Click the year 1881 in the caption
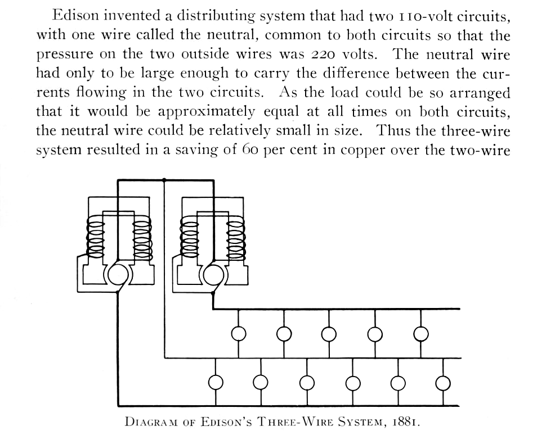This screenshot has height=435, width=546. point(406,422)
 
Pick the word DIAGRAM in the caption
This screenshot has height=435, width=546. point(151,422)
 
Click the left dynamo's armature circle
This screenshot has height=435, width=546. point(118,275)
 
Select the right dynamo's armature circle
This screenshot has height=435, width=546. point(213,275)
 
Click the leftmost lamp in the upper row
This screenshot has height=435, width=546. point(239,334)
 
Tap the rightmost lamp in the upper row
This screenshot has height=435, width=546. point(420,334)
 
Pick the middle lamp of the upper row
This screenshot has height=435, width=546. point(329,334)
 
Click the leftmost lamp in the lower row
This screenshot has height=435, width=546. point(216,383)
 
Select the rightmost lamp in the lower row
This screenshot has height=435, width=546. point(444,383)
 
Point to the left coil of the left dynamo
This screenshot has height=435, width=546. point(95,238)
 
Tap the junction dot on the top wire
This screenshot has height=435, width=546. point(164,180)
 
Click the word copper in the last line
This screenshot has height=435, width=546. point(362,150)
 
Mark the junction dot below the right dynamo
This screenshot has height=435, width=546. point(213,293)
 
